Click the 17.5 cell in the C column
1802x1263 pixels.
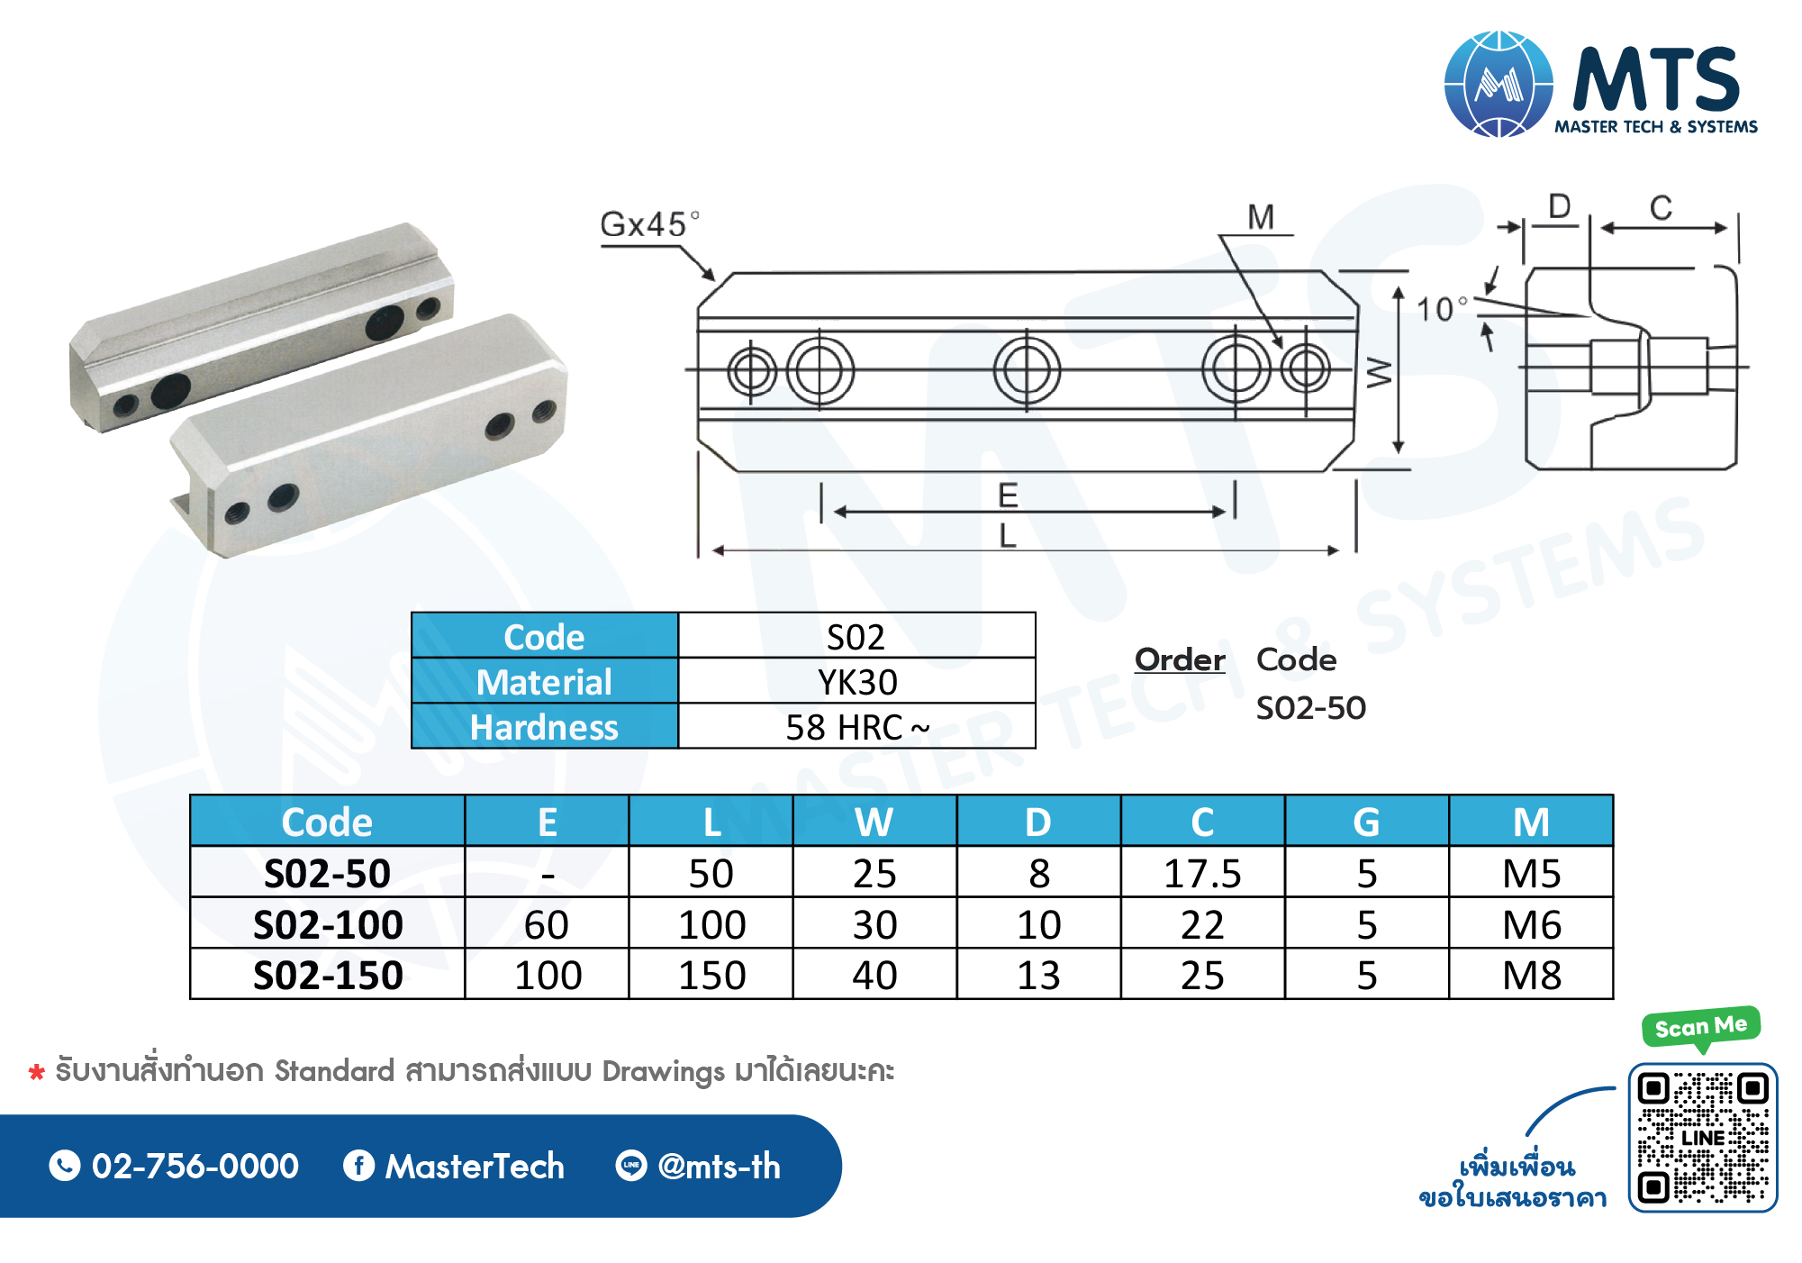point(1202,873)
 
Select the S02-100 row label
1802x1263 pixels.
point(328,924)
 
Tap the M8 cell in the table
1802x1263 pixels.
point(1531,975)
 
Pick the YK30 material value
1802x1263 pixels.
point(856,682)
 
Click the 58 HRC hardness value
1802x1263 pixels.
point(856,727)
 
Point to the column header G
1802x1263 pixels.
point(1366,822)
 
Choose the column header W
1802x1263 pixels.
point(874,822)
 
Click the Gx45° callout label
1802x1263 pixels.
point(649,223)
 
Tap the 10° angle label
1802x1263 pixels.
point(1442,309)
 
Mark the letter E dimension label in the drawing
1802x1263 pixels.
point(1008,495)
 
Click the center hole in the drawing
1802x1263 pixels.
point(1027,369)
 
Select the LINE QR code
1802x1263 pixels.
point(1702,1137)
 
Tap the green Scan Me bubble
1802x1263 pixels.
point(1700,1027)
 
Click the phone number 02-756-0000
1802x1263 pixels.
point(195,1166)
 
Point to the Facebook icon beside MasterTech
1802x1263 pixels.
point(358,1166)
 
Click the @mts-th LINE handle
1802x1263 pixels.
point(719,1166)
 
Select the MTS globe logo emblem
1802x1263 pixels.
point(1499,84)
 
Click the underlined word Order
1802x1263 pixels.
point(1180,659)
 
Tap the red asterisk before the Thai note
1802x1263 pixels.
point(37,1072)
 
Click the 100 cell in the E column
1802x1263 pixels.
point(548,975)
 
